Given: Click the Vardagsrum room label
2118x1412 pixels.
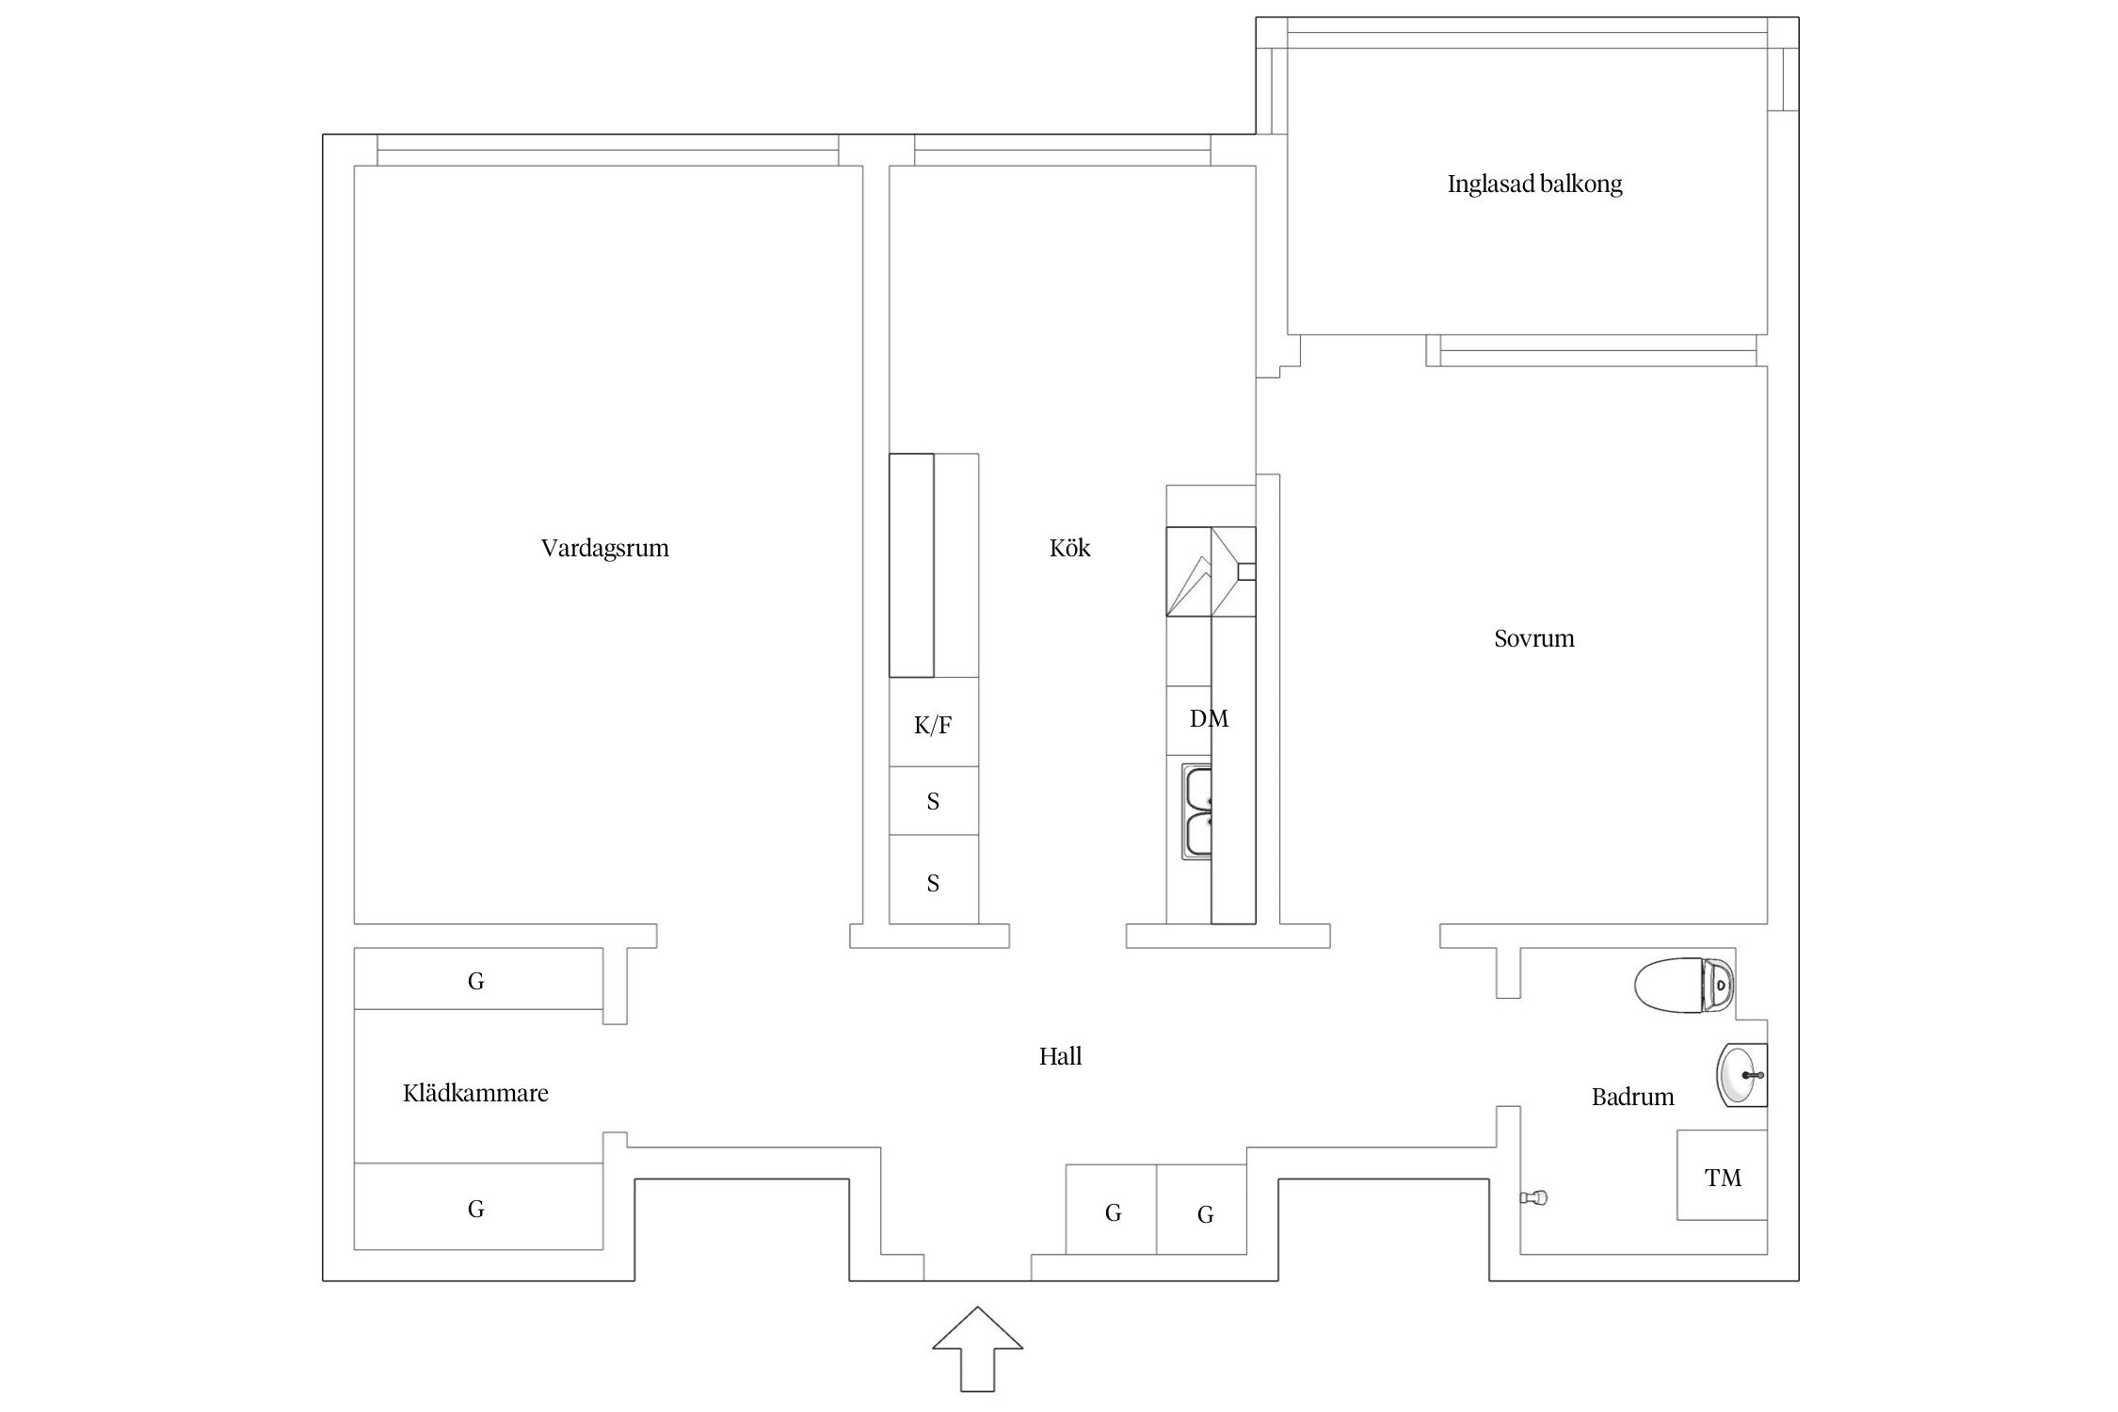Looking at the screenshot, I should [x=604, y=548].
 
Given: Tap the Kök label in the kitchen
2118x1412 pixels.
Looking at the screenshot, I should [x=1069, y=548].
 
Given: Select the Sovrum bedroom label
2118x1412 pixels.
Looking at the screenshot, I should [x=1533, y=638].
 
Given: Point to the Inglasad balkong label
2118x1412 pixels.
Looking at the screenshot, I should [x=1534, y=184].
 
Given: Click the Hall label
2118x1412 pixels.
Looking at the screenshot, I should [x=1060, y=1056].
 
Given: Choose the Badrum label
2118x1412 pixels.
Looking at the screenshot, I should [x=1632, y=1097].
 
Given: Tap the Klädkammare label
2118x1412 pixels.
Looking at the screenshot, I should [x=475, y=1093].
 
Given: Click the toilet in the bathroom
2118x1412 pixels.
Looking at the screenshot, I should [x=1684, y=985].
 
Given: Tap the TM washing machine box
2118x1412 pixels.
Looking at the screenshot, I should [x=1722, y=1176].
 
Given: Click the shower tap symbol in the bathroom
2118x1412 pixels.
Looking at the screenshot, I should [x=1533, y=1197].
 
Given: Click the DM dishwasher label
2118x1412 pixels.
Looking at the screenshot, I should [x=1209, y=719].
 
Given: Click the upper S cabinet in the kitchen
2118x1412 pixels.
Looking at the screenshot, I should [x=933, y=801].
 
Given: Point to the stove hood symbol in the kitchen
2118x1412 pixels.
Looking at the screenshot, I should [x=1211, y=571].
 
